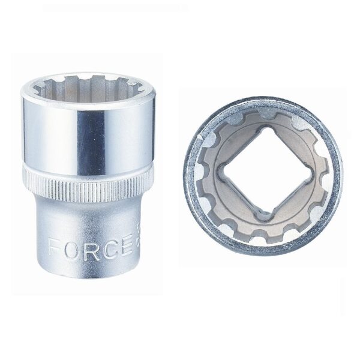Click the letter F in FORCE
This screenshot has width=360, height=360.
[x=55, y=247]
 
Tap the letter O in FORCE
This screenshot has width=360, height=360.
[x=70, y=247]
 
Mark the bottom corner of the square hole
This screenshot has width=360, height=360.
[x=262, y=218]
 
